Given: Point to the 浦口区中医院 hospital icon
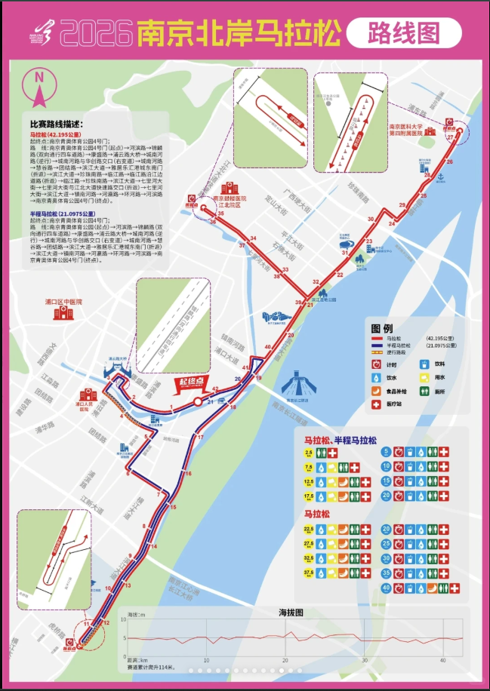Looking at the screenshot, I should coord(63,312).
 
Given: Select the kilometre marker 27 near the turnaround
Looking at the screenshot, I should coord(451,137).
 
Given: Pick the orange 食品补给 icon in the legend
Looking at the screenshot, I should coord(375,390).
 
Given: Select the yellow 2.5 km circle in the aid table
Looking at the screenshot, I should coord(309,453).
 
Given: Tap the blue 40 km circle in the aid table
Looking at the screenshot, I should coord(386,587).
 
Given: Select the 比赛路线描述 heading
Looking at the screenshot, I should coord(57,124).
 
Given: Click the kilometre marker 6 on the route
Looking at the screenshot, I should coord(128,473).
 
